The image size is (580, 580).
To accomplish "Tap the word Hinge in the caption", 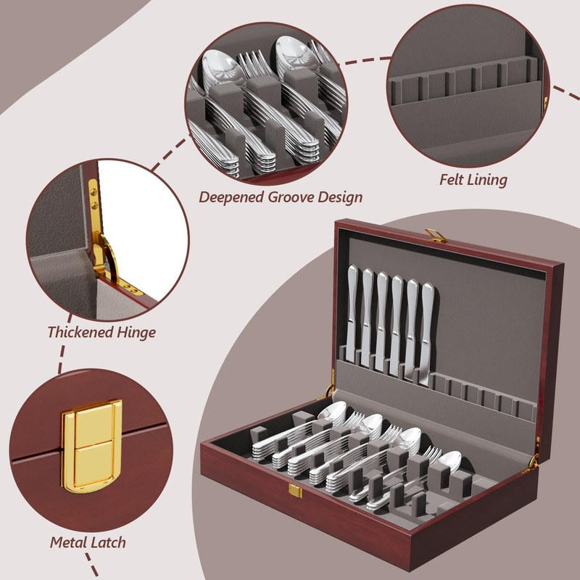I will coord(136,333).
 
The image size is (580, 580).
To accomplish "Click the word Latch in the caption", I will coord(109,542).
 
